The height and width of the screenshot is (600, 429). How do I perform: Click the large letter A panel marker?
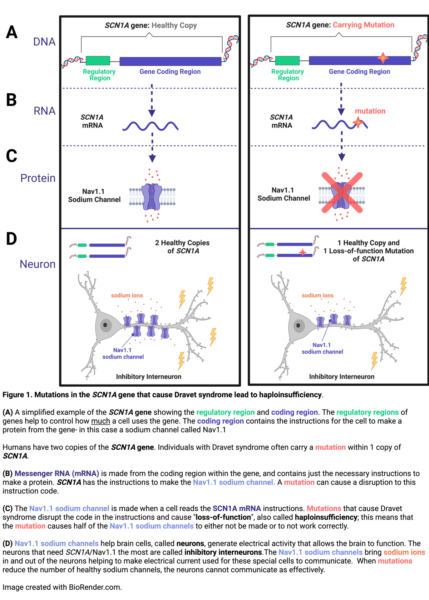11,33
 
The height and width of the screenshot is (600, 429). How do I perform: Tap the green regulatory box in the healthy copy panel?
98,60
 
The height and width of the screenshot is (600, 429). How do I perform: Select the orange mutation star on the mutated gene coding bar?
383,58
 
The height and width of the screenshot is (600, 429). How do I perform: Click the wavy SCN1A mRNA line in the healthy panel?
150,126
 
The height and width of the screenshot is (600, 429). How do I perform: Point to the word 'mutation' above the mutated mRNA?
370,111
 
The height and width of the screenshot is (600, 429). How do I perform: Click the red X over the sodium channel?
342,193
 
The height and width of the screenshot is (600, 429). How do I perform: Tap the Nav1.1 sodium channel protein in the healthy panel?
152,197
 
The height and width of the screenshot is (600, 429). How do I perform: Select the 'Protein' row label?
38,178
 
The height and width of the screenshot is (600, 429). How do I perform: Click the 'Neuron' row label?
38,264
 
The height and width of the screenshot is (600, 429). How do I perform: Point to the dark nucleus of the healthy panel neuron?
105,325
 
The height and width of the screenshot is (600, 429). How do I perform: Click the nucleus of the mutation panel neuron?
298,326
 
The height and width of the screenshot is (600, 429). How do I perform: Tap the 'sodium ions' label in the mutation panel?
317,296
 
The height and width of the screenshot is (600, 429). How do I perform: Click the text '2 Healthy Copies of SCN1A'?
182,247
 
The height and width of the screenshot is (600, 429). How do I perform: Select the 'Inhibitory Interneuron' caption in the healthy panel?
148,377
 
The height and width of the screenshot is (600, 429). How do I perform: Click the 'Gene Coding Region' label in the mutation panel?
359,71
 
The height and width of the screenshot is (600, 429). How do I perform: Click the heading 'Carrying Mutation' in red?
364,25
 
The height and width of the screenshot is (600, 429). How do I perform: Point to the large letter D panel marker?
11,239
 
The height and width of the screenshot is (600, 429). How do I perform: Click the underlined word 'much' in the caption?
100,421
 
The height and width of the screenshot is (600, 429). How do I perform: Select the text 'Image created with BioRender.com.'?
62,587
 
